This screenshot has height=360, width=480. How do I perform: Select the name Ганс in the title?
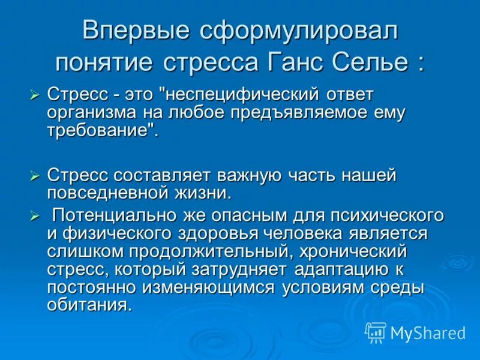coord(304,62)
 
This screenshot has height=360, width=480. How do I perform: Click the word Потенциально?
coord(123,215)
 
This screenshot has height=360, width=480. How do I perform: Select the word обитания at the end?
coord(88,305)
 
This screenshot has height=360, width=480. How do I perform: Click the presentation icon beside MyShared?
coord(376,331)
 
